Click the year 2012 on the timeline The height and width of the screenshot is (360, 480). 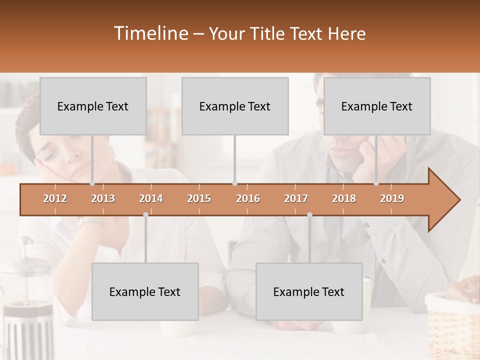(55, 198)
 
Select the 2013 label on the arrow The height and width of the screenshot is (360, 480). (103, 198)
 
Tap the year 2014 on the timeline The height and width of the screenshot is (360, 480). (151, 198)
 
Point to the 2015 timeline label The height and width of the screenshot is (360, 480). (199, 198)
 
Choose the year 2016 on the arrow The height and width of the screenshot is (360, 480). (248, 198)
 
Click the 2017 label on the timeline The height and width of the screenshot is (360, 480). (296, 198)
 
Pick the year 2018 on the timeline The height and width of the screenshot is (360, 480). (344, 198)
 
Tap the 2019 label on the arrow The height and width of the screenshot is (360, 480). (392, 198)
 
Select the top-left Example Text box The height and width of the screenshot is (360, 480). (93, 106)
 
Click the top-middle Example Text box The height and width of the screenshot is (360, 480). (235, 106)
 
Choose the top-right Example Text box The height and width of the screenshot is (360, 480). (377, 106)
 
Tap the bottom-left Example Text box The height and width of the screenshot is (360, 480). (145, 291)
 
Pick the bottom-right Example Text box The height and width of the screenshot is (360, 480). (309, 291)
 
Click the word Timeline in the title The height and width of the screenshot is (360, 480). (150, 33)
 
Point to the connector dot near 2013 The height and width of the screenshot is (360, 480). (92, 183)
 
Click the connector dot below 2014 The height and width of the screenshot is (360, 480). (145, 214)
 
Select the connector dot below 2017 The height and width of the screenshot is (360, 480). (309, 214)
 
